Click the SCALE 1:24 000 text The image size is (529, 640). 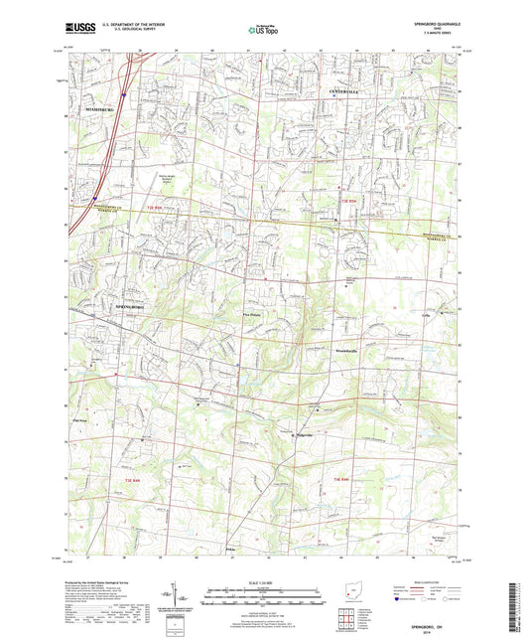pos(264,581)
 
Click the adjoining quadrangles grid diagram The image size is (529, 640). pos(343,622)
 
